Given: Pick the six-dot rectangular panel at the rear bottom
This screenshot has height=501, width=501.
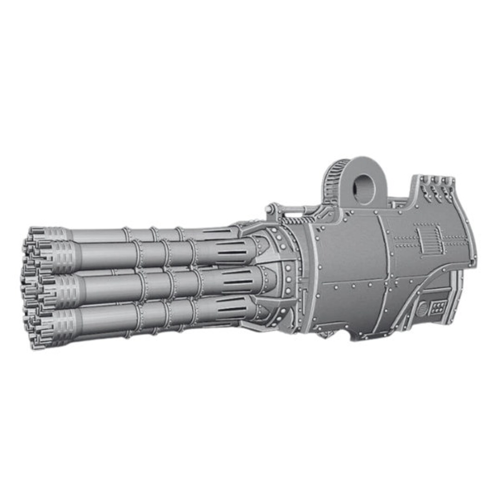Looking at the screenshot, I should [x=438, y=307].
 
